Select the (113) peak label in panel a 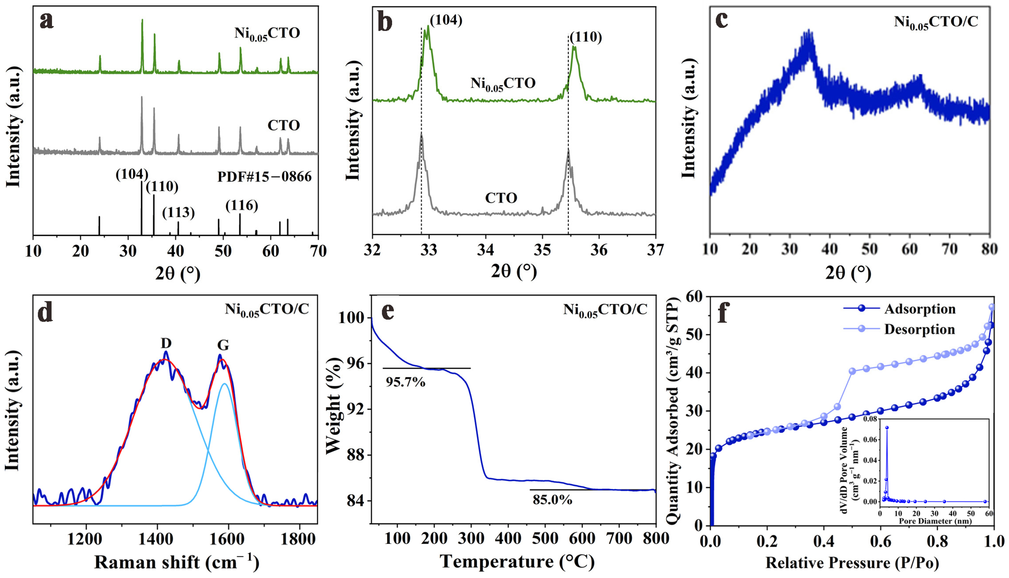point(178,213)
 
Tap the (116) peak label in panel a point(242,205)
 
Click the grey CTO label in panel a point(283,125)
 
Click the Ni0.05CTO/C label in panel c point(936,22)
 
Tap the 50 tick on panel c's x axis point(869,249)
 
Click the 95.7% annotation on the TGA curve point(405,382)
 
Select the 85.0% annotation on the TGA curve point(552,500)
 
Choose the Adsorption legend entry point(919,309)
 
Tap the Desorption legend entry point(919,329)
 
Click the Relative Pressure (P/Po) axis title point(852,563)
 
